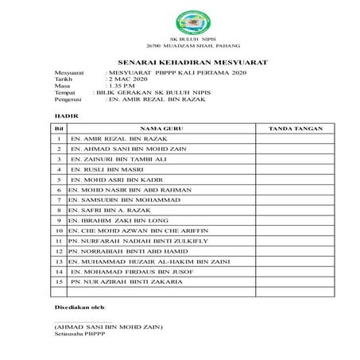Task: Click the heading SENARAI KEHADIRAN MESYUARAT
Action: (x=180, y=61)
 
